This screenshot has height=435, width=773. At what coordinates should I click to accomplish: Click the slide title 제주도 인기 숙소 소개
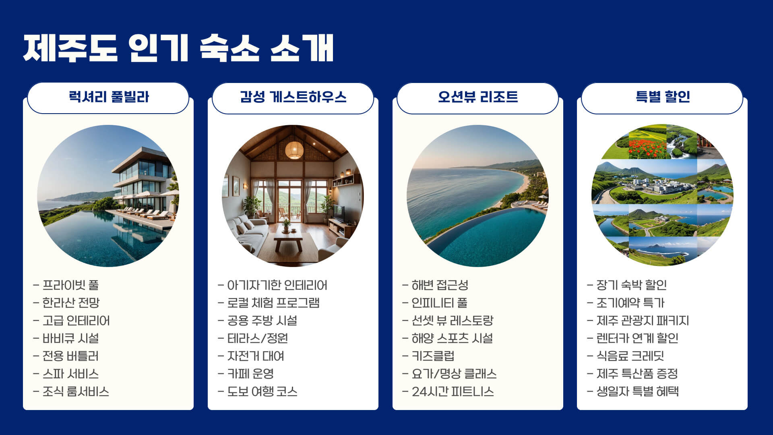(x=178, y=48)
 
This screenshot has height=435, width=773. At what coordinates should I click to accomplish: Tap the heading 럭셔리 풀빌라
(x=109, y=97)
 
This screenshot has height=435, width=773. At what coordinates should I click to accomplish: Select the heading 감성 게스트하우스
(x=293, y=97)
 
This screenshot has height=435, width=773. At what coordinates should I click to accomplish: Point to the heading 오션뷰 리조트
(x=478, y=97)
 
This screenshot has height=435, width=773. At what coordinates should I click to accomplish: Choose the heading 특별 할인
(x=662, y=97)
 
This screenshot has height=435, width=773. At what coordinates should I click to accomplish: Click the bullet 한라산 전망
(x=71, y=303)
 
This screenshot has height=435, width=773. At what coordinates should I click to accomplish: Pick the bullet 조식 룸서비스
(x=76, y=391)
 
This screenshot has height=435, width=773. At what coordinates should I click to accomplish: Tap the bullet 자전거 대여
(x=256, y=356)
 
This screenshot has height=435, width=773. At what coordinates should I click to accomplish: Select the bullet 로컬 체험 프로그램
(x=273, y=303)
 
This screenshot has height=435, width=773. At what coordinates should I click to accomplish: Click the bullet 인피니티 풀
(x=439, y=303)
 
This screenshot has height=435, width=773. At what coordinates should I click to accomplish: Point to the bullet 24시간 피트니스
(x=453, y=391)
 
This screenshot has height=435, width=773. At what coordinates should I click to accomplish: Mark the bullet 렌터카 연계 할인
(x=637, y=338)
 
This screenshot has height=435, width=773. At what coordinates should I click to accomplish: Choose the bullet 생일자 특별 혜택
(x=637, y=391)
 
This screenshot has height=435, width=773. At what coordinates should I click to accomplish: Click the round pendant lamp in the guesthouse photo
(x=294, y=150)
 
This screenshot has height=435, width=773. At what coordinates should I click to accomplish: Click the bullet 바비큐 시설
(x=71, y=338)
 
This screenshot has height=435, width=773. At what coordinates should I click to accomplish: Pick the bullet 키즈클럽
(x=433, y=356)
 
